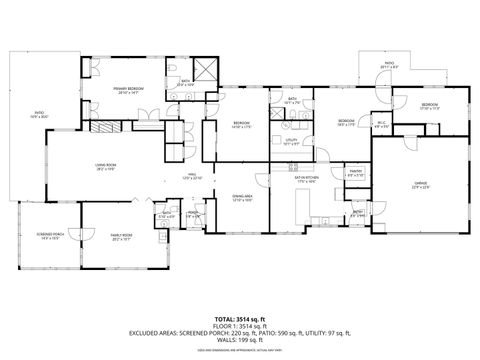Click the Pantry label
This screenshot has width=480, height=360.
[x=354, y=174]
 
